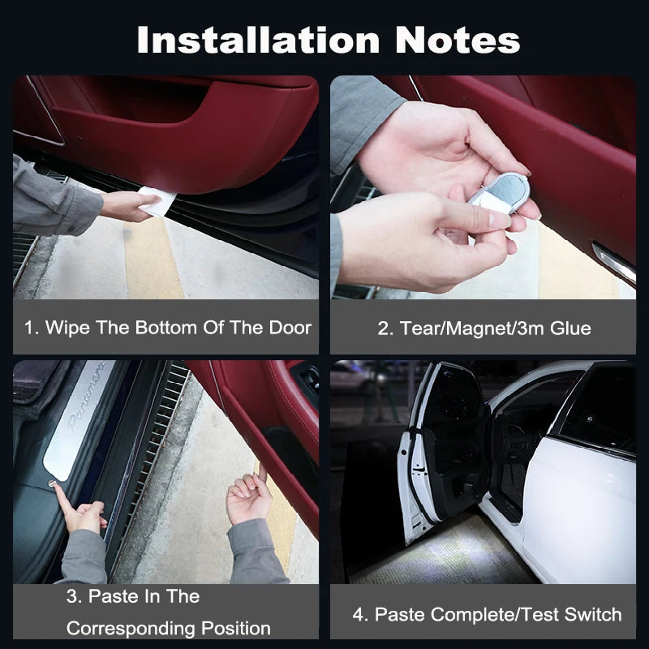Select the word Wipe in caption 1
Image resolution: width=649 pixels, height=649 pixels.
(x=67, y=329)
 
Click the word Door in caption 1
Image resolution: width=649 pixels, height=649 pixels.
(x=290, y=329)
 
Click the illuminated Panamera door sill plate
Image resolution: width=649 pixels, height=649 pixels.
(x=82, y=422)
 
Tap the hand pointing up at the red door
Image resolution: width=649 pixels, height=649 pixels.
(x=249, y=496)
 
